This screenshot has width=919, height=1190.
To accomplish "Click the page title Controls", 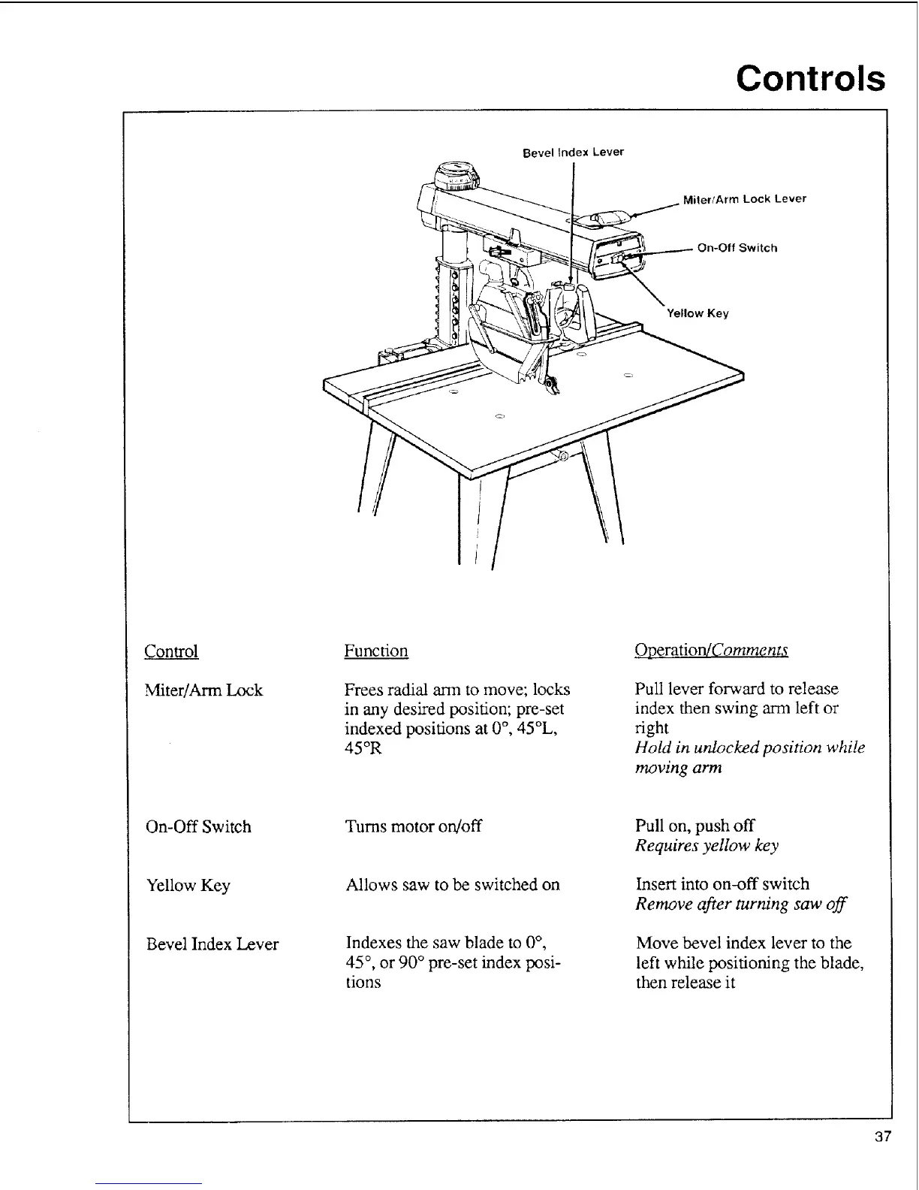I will [810, 78].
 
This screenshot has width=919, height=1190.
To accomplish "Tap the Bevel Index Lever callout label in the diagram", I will [573, 153].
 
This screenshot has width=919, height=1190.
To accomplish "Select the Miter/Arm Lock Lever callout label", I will [744, 199].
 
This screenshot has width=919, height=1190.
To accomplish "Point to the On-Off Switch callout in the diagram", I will [737, 248].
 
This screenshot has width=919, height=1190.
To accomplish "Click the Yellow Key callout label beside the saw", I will [698, 313].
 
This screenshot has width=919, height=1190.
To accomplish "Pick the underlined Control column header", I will [171, 651].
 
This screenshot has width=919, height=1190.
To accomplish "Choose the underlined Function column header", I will [375, 651].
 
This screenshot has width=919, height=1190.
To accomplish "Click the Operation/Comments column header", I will [711, 651].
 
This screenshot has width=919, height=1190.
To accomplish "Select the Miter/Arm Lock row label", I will [203, 690].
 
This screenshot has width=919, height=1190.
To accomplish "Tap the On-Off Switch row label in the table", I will [198, 827].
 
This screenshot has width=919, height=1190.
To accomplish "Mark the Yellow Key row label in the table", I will [188, 886].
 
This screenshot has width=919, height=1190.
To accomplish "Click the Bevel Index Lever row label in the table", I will [212, 944].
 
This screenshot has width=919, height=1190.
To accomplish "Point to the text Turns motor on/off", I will [413, 826].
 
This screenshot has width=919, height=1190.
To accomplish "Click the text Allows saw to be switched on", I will [453, 885].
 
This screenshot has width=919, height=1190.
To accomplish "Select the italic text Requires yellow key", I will [707, 846].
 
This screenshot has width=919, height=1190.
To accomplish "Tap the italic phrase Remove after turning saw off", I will [740, 905].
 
